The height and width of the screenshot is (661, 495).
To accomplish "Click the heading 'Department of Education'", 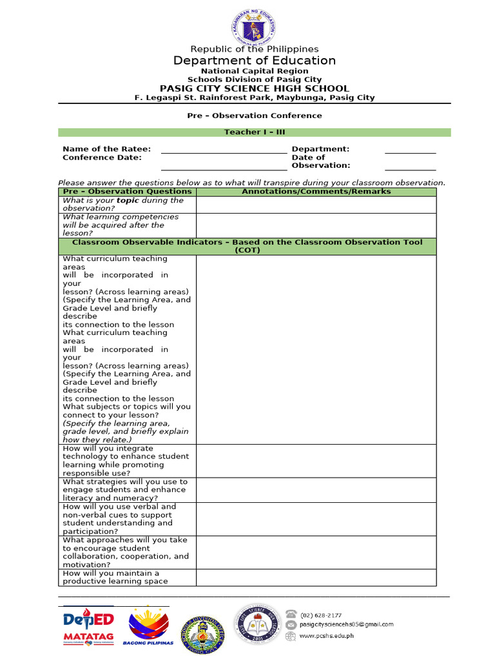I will (x=254, y=61).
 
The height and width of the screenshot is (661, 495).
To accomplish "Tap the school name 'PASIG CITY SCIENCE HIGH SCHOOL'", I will (x=254, y=88).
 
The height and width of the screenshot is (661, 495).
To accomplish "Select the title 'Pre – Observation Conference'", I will (x=254, y=116).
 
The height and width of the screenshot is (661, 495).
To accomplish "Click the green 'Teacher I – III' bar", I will (x=254, y=132).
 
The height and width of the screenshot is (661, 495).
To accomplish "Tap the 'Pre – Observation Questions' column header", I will (x=127, y=192).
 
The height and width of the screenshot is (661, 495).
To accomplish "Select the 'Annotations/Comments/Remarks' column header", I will (x=316, y=192).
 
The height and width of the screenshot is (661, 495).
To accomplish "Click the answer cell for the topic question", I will (x=316, y=205).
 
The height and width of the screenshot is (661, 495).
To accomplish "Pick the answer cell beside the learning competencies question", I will (x=316, y=225).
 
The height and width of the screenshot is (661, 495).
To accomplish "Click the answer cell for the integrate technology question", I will (x=316, y=461).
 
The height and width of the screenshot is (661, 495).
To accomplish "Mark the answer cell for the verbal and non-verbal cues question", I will (x=316, y=519).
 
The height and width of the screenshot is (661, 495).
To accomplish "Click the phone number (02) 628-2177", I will (x=320, y=615).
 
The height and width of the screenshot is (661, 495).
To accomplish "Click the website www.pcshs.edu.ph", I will (x=327, y=636).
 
